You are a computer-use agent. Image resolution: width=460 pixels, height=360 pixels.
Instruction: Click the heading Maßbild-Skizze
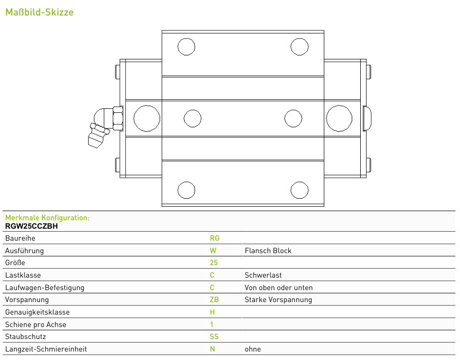click(x=39, y=12)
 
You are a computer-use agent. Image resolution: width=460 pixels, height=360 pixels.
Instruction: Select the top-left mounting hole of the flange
click(x=186, y=47)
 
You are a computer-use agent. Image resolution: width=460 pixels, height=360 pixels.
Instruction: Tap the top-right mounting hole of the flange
click(x=299, y=47)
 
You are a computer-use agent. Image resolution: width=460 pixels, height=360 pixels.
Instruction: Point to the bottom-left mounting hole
click(x=186, y=190)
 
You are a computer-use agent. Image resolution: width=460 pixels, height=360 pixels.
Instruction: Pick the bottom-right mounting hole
click(x=299, y=190)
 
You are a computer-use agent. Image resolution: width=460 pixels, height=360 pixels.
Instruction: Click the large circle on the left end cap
click(x=147, y=118)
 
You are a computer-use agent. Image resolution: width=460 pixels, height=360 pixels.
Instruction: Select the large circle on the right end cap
click(x=339, y=118)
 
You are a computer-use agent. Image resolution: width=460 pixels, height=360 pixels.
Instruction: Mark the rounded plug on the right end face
click(x=367, y=118)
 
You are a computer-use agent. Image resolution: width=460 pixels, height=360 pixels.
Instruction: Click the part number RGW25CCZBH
click(x=31, y=226)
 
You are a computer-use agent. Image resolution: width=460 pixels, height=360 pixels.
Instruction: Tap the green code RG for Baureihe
click(x=215, y=238)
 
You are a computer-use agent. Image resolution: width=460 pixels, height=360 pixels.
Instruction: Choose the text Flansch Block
click(x=268, y=251)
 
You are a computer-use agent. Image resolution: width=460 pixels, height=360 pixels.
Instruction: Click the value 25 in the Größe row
click(x=214, y=263)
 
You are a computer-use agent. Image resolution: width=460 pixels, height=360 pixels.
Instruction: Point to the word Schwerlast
click(x=263, y=275)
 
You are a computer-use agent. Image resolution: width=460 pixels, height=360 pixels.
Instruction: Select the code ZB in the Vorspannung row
click(x=215, y=300)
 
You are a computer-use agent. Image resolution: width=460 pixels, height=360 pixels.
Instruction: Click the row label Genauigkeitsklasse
click(x=37, y=312)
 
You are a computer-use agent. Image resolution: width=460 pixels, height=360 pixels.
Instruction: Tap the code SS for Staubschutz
click(x=214, y=337)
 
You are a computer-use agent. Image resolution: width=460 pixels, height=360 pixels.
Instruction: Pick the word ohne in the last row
click(x=253, y=349)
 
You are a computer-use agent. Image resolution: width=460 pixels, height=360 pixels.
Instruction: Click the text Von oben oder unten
click(x=279, y=288)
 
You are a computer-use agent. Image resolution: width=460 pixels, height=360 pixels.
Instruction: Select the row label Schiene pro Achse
click(x=36, y=325)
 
